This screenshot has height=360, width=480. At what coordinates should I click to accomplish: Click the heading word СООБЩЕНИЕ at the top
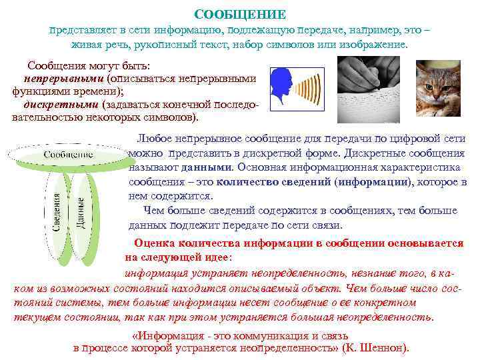click(240, 14)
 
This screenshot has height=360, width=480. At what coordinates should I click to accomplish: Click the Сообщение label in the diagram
click(69, 155)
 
